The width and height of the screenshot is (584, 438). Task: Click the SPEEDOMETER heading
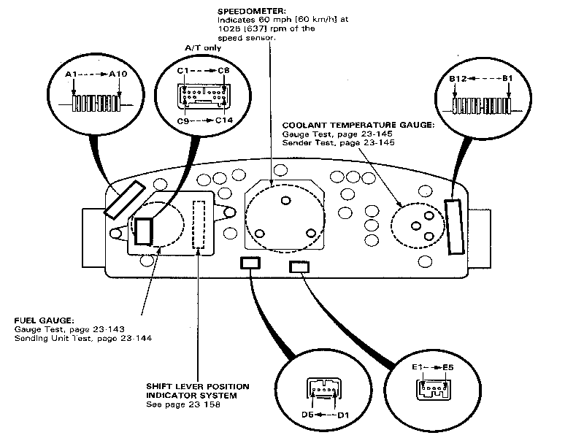click(252, 11)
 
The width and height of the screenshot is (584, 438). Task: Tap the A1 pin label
click(71, 74)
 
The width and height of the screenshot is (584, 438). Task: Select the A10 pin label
click(118, 74)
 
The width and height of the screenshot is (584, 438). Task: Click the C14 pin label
click(224, 120)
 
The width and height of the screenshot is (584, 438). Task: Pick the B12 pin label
click(458, 79)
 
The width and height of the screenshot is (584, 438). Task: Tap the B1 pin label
click(507, 78)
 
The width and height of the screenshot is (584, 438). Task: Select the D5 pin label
click(307, 415)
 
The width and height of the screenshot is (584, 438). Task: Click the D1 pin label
click(343, 415)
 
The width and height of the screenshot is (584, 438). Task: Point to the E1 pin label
click(417, 367)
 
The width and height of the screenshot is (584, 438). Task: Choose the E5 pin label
click(448, 368)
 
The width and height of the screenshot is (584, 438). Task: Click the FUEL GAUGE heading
click(44, 320)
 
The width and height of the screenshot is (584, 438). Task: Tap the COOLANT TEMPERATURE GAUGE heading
click(358, 125)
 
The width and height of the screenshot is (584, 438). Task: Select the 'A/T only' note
click(203, 48)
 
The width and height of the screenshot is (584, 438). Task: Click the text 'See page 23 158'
click(183, 404)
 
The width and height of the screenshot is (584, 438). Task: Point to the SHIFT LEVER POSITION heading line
click(198, 387)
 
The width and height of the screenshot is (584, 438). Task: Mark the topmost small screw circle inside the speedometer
click(285, 201)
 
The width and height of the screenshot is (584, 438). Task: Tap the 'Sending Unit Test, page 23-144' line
click(83, 338)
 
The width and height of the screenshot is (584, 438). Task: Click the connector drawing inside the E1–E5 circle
click(433, 390)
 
